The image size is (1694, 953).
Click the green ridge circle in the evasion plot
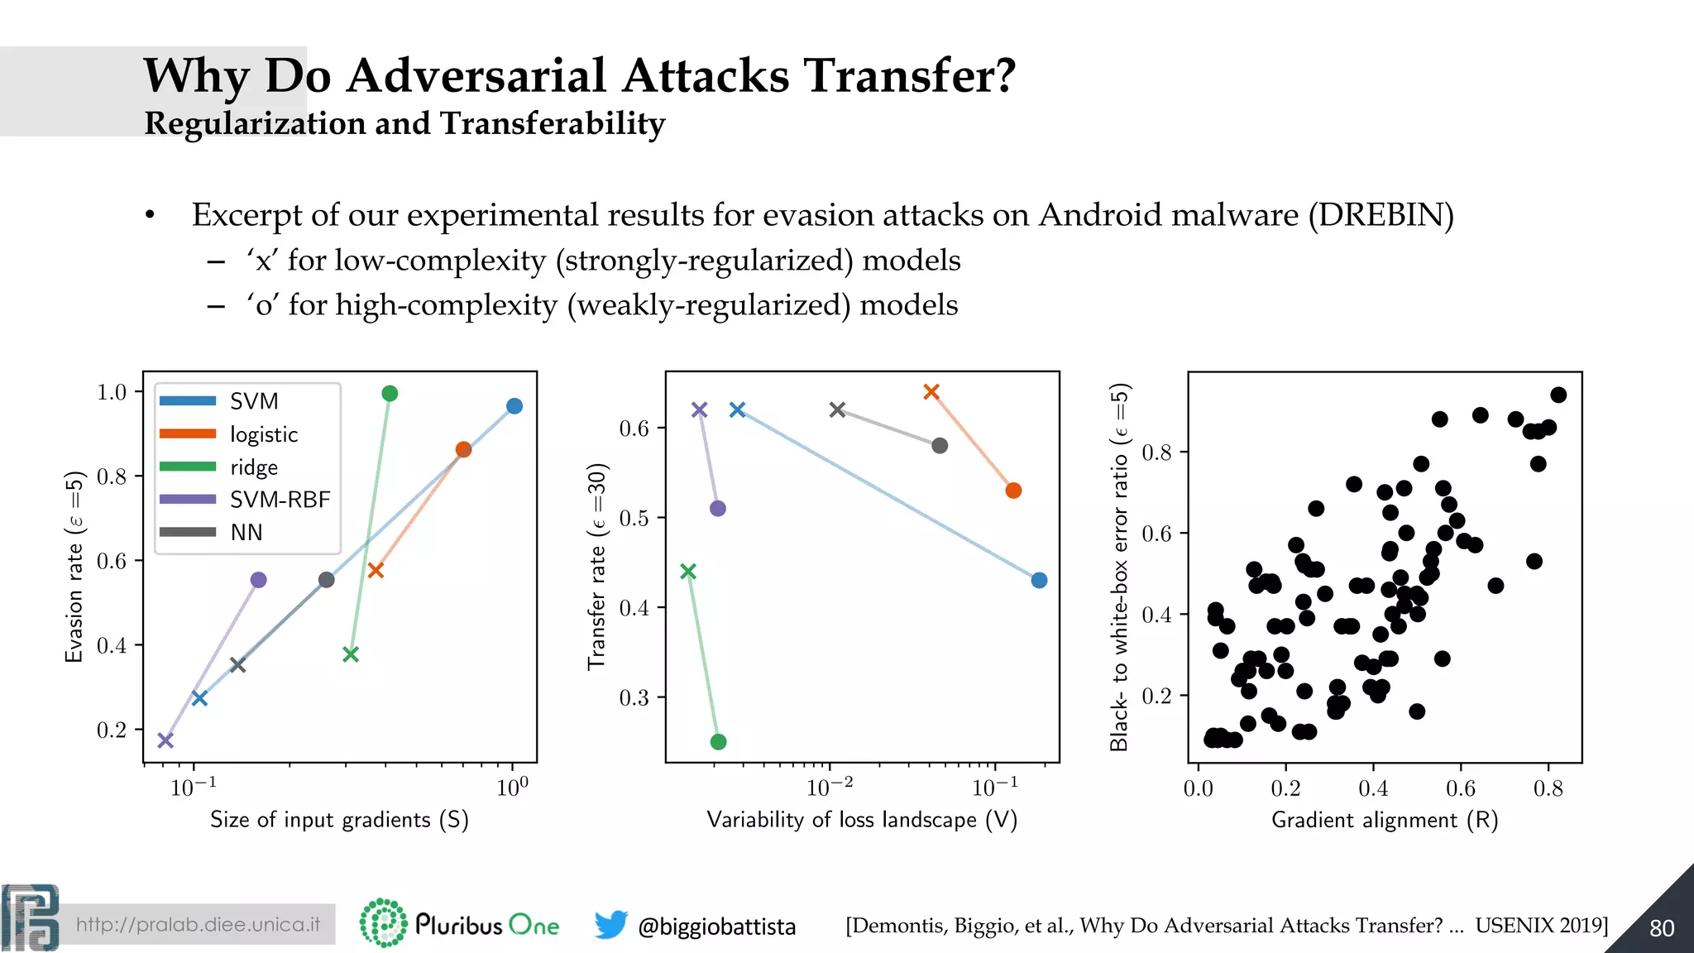390,393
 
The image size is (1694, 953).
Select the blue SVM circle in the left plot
514,406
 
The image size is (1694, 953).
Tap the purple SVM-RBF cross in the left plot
165,740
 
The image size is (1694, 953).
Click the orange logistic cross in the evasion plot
376,570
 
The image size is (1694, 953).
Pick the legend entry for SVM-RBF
280,500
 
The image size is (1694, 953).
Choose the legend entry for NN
246,533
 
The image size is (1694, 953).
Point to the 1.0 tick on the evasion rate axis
112,391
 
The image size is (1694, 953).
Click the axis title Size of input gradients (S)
339,820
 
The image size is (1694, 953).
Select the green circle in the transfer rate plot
718,741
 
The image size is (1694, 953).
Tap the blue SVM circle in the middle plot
1039,581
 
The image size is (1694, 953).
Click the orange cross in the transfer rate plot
931,391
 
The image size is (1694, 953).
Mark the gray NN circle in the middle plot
940,446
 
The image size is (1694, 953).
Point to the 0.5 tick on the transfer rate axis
634,518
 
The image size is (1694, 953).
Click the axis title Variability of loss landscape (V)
862,820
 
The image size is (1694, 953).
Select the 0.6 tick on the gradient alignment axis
1460,788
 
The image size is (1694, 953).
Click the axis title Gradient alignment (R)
1385,820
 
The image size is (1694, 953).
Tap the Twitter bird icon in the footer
610,924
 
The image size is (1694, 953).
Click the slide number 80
1661,928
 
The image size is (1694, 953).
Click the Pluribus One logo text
486,924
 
